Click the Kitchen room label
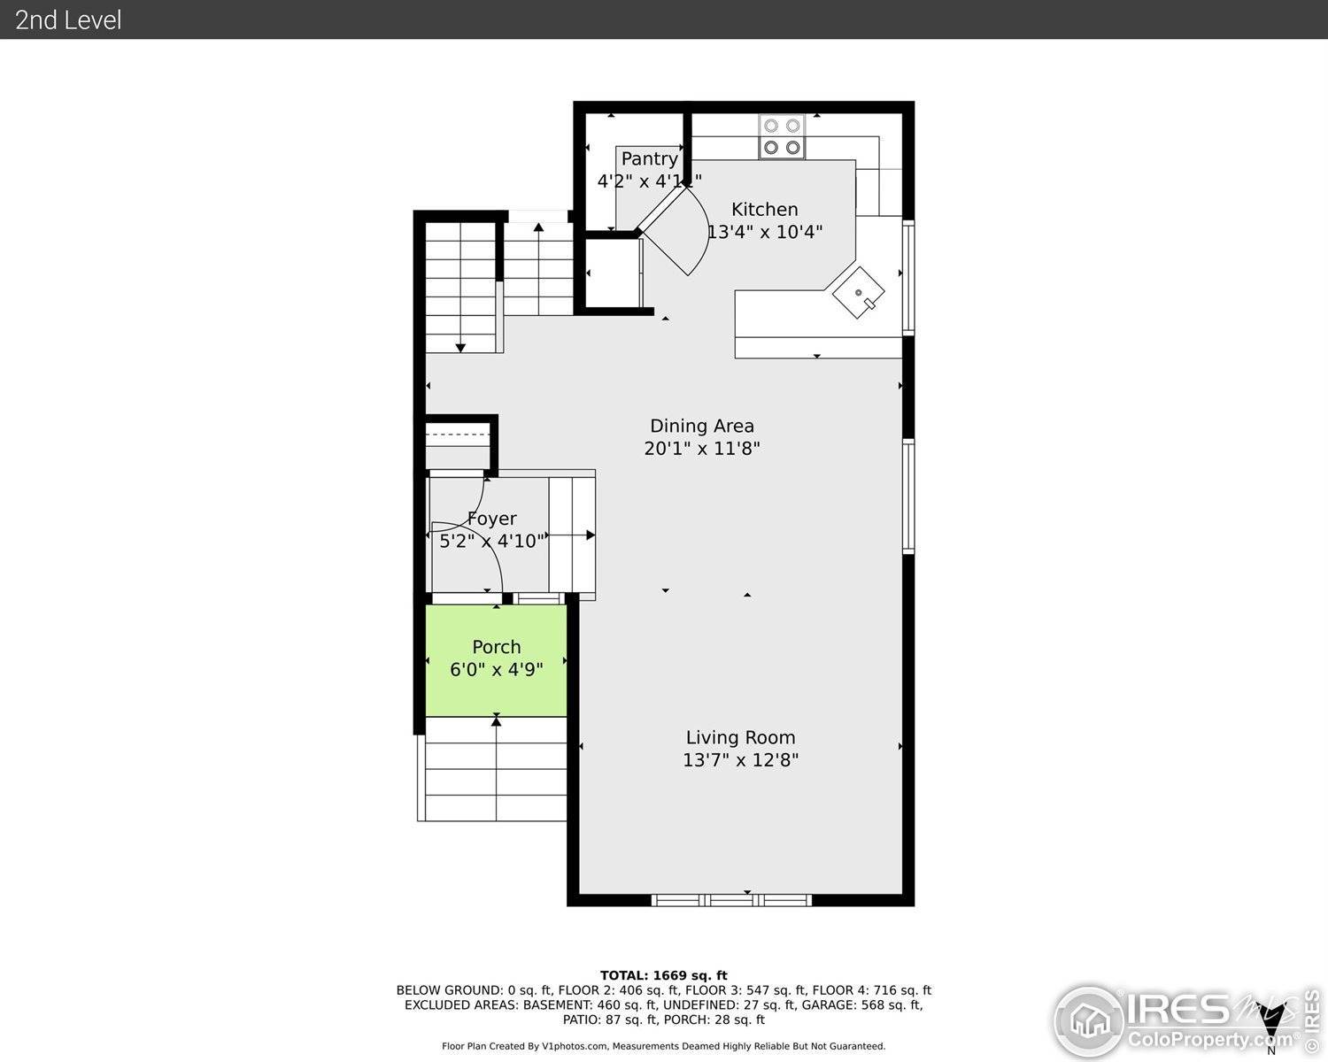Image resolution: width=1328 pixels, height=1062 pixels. (764, 210)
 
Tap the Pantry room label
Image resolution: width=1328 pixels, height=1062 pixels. (649, 159)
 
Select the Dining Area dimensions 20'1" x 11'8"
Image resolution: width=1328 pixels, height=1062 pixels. (701, 449)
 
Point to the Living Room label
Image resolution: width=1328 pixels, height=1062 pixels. (740, 737)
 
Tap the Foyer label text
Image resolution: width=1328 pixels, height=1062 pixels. (492, 519)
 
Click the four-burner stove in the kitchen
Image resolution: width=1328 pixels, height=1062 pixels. (782, 137)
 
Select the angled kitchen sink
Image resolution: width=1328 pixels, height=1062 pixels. (859, 292)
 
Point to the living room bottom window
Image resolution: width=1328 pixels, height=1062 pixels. (731, 900)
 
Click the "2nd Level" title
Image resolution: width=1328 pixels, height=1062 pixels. (68, 19)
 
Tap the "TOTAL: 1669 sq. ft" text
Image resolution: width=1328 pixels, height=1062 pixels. (663, 975)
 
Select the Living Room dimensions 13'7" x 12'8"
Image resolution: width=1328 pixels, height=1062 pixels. (740, 760)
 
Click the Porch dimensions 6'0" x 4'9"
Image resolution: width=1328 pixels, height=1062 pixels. (496, 670)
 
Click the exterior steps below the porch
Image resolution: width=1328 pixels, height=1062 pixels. (496, 770)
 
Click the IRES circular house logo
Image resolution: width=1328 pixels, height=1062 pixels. (1088, 1021)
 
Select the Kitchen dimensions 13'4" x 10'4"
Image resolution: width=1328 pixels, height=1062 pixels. (764, 233)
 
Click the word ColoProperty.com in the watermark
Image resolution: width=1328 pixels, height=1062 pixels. (1209, 1039)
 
